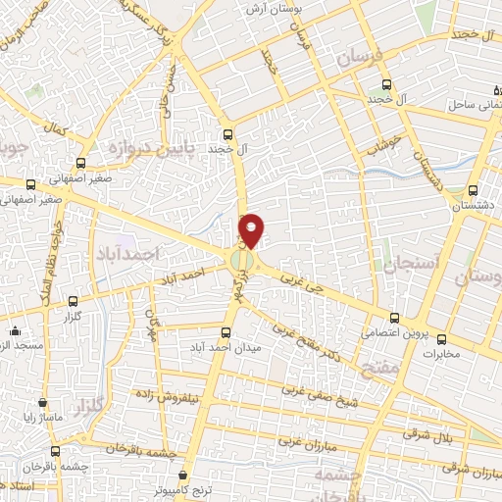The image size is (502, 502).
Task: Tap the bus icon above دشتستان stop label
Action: tap(474, 190)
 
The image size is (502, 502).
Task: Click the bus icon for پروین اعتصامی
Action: tap(395, 319)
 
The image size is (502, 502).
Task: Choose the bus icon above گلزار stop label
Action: tap(72, 302)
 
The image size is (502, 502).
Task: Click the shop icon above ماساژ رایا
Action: tap(42, 402)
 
